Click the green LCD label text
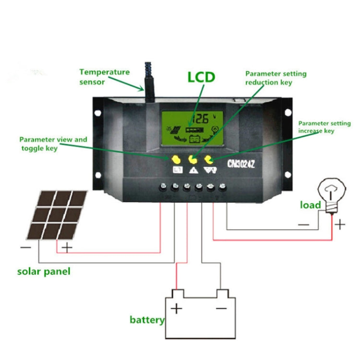[x=201, y=77]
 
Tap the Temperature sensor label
[x=104, y=77]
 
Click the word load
[x=310, y=205]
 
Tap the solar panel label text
[x=44, y=272]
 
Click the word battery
[x=147, y=320]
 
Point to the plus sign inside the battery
[x=177, y=307]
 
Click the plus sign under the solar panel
[x=67, y=248]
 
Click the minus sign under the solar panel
[x=25, y=248]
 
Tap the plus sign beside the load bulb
[x=340, y=224]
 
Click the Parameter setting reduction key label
[x=276, y=78]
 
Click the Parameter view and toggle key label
[x=53, y=144]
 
